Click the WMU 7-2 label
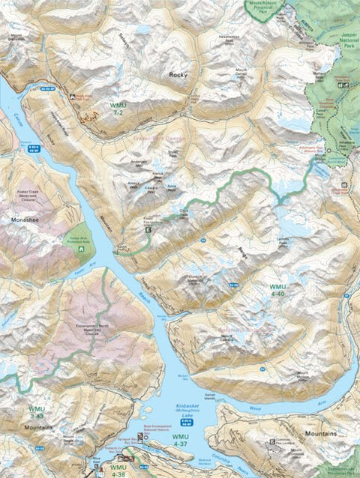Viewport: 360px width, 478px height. [118, 109]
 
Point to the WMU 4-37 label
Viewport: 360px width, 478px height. [181, 440]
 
